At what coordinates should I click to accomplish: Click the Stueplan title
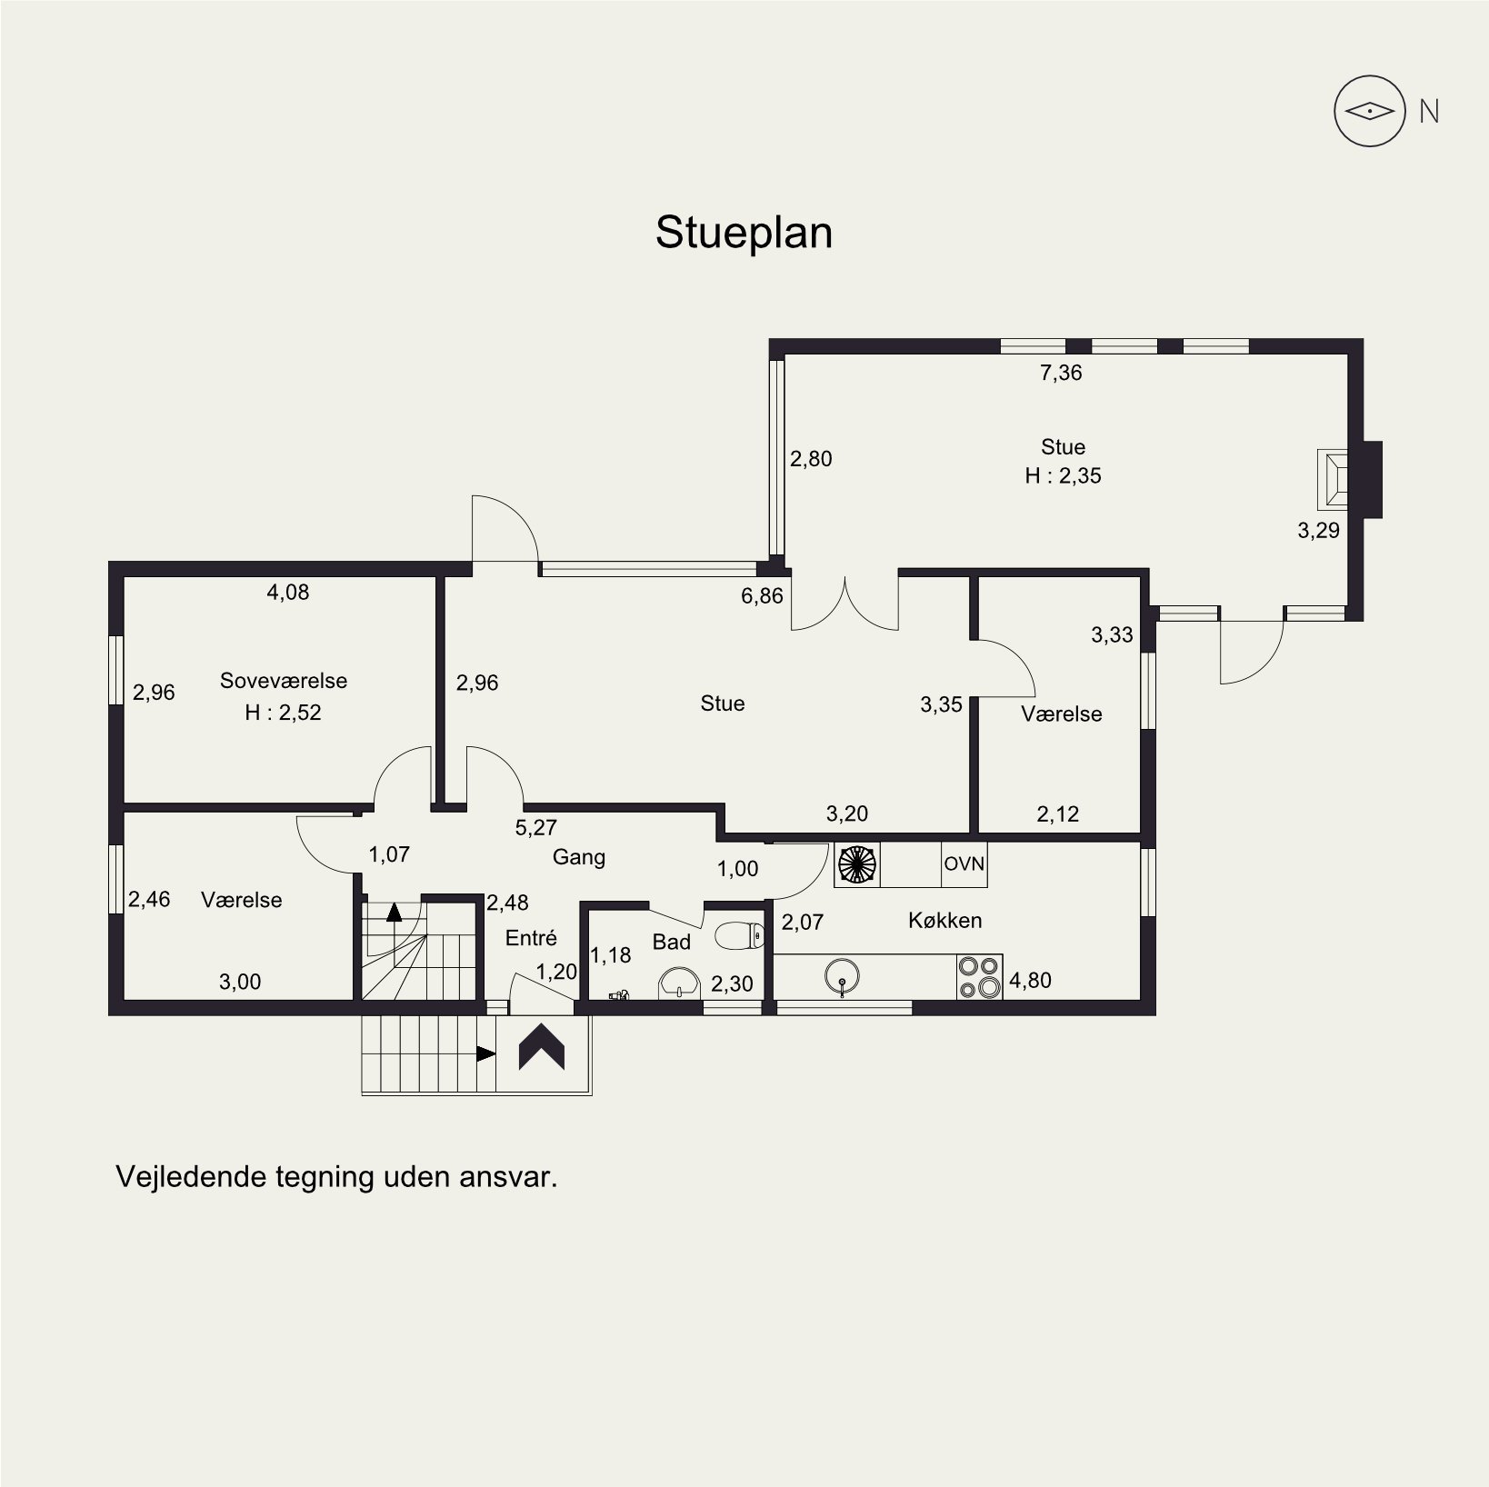click(744, 234)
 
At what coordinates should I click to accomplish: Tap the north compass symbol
click(1370, 112)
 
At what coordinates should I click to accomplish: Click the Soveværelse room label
click(284, 681)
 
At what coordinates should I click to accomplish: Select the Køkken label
click(944, 921)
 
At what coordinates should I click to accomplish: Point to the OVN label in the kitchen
click(964, 863)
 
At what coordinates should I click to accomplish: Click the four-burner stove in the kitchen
click(979, 977)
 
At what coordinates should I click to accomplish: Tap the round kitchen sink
click(843, 976)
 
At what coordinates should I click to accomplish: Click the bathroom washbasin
click(679, 982)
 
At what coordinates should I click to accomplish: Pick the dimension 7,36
click(1061, 373)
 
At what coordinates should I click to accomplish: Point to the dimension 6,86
click(762, 597)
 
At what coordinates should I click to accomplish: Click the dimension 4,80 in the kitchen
click(1030, 981)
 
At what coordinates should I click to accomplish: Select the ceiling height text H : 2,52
click(284, 713)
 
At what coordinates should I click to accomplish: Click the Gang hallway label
click(579, 857)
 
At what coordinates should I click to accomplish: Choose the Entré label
click(531, 938)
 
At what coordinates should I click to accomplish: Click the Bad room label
click(672, 943)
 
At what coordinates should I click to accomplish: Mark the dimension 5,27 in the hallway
click(535, 828)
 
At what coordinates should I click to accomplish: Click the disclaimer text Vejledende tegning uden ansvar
click(336, 1176)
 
